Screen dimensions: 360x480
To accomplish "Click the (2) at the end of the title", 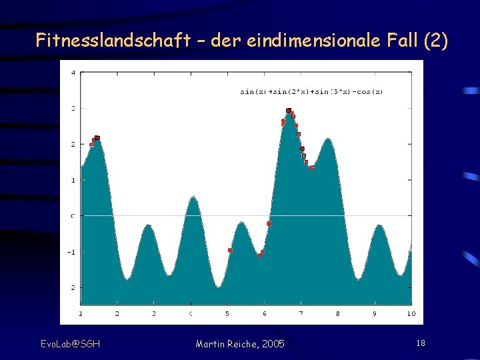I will pos(436,41).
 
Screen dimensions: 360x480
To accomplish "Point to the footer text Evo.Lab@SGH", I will pos(70,343).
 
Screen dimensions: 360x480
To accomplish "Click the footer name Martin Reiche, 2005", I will pos(240,343).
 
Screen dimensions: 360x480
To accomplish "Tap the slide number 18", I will pos(420,343).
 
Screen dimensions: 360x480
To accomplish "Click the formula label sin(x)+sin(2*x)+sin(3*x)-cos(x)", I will pos(311,91).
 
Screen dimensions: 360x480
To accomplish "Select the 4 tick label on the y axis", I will pos(73,72).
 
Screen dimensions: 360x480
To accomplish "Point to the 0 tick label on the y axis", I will pos(73,215).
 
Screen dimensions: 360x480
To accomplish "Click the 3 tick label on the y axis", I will pos(73,108).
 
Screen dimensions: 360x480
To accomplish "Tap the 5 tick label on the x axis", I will pos(227,313).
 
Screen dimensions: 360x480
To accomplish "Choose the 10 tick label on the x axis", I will pos(410,313).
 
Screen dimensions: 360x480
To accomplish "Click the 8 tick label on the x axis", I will pos(337,313).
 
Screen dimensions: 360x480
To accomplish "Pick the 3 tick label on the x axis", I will pos(154,313).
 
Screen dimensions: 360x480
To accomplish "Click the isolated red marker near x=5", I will pos(230,250).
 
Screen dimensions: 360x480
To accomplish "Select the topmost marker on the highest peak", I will pos(288,110).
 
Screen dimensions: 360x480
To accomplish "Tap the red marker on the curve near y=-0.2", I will pos(269,223).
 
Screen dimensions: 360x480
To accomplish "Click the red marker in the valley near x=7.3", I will pos(311,168).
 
